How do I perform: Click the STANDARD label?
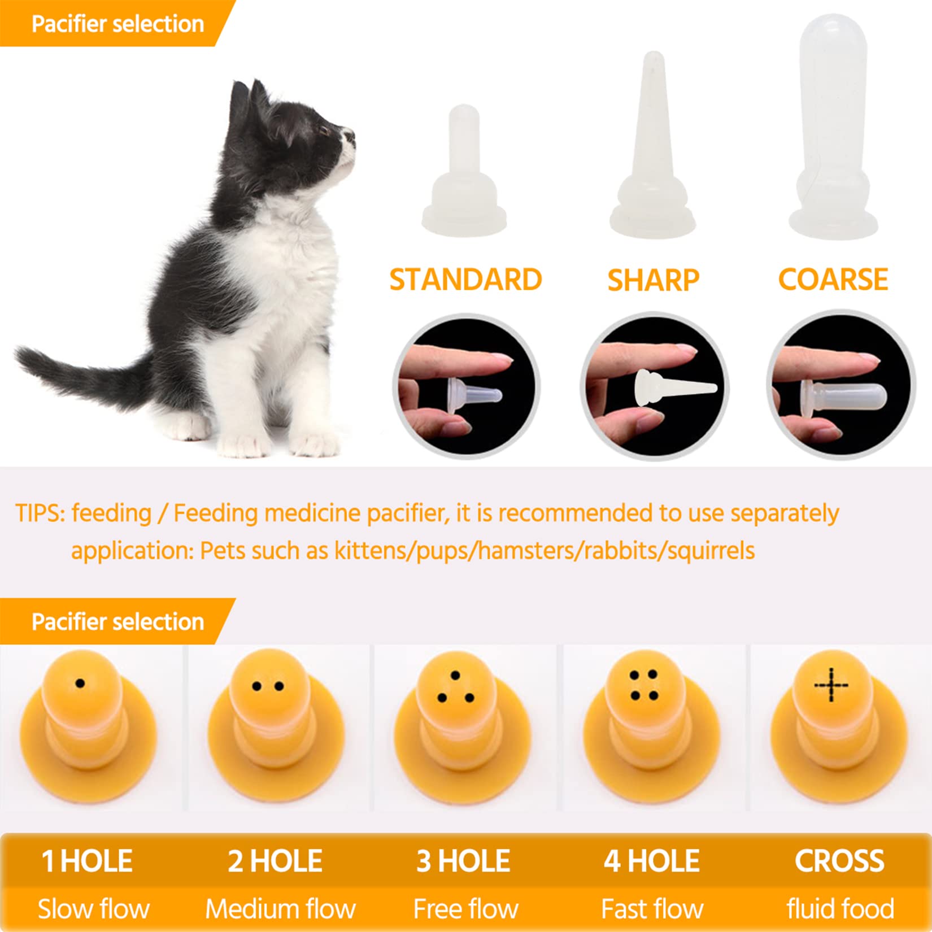tap(465, 280)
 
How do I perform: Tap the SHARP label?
tap(653, 280)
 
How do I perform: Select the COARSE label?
tap(833, 279)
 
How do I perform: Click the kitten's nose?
tap(351, 135)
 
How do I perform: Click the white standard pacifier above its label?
tap(464, 175)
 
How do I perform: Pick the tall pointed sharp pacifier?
tap(652, 153)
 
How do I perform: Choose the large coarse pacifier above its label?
tap(833, 130)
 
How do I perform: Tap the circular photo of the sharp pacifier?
tap(654, 387)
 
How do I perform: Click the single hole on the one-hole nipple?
tap(80, 684)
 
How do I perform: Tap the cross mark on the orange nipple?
tap(831, 685)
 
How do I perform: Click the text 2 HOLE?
tap(275, 861)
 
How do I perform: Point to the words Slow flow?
tap(93, 909)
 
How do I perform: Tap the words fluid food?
tap(840, 909)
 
